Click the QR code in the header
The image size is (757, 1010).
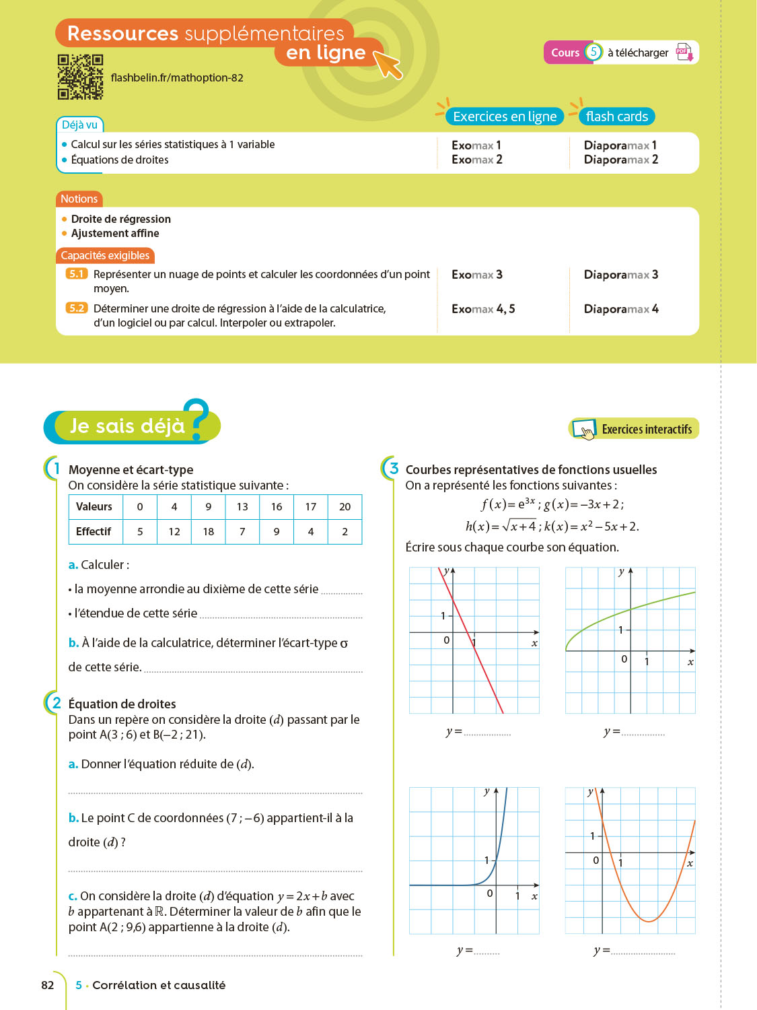point(80,77)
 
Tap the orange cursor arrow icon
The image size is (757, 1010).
point(388,64)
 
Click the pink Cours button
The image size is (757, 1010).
point(565,53)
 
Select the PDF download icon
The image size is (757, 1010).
point(684,53)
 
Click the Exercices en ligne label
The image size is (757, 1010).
point(505,116)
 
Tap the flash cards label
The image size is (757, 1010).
point(616,116)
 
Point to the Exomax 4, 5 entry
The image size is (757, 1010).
point(483,309)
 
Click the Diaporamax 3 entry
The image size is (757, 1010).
point(620,275)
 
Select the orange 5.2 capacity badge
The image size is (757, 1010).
point(77,308)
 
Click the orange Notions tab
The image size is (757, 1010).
point(79,199)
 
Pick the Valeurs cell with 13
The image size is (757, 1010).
point(242,507)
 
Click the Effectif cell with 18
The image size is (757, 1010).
point(209,532)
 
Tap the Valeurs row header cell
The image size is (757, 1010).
point(94,507)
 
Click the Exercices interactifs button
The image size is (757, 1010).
point(634,429)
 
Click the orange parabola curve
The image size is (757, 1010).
point(648,920)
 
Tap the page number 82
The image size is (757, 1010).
point(48,985)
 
